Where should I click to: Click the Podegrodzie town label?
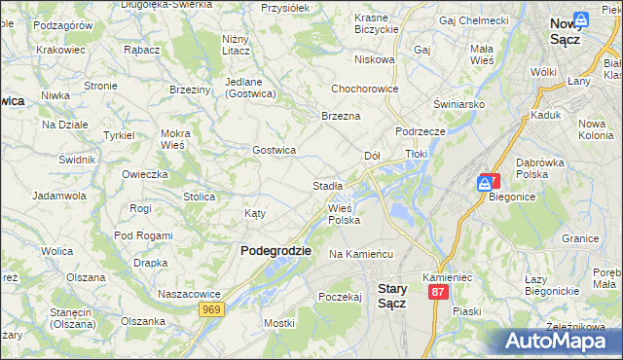pos(275,250)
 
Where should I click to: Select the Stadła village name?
pos(327,185)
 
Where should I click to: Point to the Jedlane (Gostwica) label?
pos(251,88)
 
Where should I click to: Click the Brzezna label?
pos(341,116)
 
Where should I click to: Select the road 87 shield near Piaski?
pos(438,292)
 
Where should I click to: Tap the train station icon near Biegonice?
pos(485,182)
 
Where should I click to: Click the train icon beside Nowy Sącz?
pos(581,18)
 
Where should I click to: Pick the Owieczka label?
pos(145,174)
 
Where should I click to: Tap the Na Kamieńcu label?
pos(360,254)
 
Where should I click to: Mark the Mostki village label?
pos(278,322)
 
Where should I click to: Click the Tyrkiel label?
pos(119,134)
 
